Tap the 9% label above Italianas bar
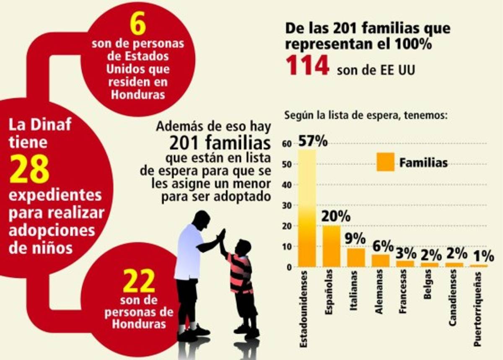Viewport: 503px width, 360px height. click(355, 238)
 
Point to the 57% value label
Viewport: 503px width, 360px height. click(312, 142)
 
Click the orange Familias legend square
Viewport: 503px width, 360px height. click(385, 162)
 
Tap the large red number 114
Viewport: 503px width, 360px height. click(307, 66)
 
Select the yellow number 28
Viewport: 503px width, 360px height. click(29, 169)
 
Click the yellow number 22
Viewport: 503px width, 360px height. click(139, 282)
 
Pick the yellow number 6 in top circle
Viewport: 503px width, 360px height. click(137, 25)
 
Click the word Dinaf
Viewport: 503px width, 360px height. click(51, 124)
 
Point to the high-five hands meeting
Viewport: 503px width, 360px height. click(221, 236)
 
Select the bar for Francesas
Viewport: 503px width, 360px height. click(404, 264)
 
